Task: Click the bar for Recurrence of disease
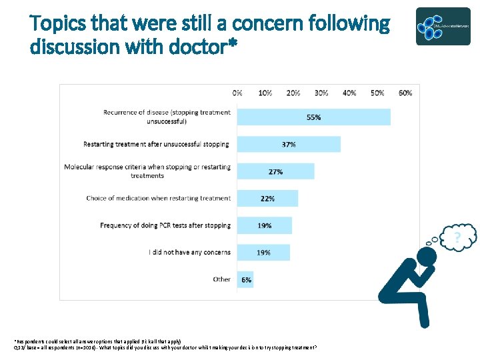(313, 117)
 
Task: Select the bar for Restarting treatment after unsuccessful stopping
(288, 144)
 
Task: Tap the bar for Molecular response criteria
(275, 171)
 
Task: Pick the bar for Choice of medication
(267, 198)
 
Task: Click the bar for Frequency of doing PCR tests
(264, 225)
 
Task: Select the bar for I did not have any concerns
(263, 253)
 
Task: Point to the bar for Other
(245, 279)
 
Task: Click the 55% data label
(313, 117)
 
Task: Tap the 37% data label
(289, 145)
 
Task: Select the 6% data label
(247, 280)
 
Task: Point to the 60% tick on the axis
(405, 93)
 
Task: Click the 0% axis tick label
(237, 93)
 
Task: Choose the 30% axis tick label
(321, 93)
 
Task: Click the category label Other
(221, 279)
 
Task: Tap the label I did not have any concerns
(189, 253)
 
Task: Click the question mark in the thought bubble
(458, 237)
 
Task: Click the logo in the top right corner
(443, 27)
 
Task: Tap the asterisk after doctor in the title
(231, 45)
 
